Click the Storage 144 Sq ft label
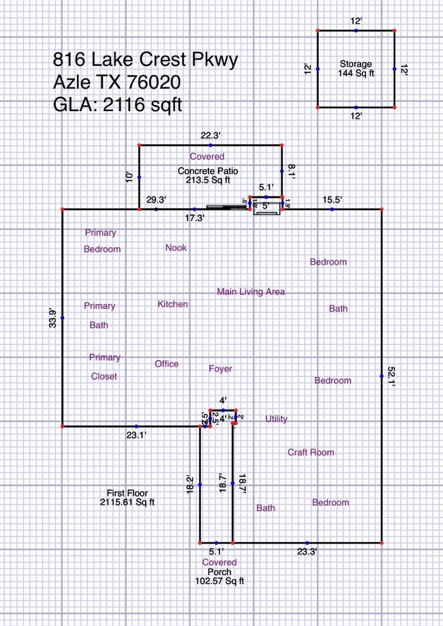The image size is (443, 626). [356, 68]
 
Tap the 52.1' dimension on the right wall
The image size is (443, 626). [390, 374]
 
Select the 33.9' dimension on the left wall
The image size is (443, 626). [52, 318]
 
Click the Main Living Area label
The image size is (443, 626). [251, 292]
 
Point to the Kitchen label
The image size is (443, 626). [173, 304]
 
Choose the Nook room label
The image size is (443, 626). [176, 248]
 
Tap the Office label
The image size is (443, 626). [166, 363]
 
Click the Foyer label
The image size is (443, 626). [220, 369]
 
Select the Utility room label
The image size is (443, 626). [276, 419]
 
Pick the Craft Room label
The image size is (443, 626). [311, 452]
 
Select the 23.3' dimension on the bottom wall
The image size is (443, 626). [307, 550]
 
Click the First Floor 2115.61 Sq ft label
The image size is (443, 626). [127, 497]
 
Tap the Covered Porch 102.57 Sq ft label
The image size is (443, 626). [219, 571]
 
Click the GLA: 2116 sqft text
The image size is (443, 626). [118, 105]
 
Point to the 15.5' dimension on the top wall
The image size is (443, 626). [333, 199]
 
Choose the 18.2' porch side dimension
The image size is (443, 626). [191, 484]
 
